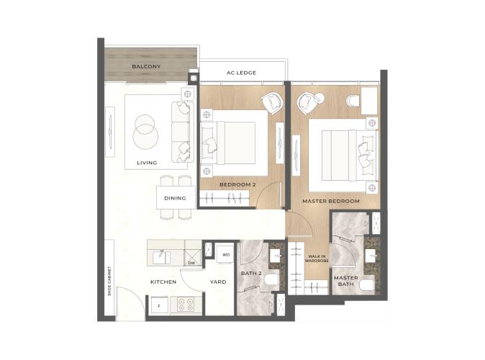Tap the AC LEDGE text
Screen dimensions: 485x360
tap(241, 73)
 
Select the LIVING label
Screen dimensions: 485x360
tap(147, 163)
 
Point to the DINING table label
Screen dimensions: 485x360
tap(175, 198)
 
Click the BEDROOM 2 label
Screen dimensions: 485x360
tap(237, 184)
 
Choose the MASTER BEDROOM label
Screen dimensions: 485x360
tap(331, 201)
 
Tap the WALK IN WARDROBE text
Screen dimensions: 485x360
tap(317, 258)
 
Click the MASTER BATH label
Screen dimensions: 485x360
tap(346, 281)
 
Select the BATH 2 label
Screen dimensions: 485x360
tap(251, 274)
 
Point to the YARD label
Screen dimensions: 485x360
tap(218, 282)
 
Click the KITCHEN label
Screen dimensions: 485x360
tap(163, 282)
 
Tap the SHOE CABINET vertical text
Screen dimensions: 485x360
tap(109, 281)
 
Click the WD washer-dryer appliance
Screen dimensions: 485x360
tap(226, 254)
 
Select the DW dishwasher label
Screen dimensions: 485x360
tap(192, 263)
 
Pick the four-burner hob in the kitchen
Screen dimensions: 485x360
tap(186, 304)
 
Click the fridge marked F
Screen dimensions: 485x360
tap(159, 305)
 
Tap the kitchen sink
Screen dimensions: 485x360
tap(161, 258)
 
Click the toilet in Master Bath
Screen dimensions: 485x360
tap(367, 285)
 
